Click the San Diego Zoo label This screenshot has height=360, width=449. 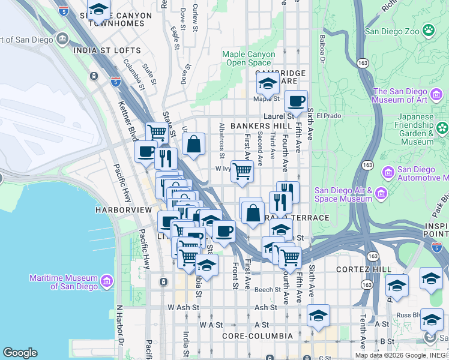[x=392, y=31]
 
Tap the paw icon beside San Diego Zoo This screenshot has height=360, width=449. [x=429, y=29]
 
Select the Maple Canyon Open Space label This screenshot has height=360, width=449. [x=249, y=58]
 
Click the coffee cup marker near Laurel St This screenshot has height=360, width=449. [x=296, y=101]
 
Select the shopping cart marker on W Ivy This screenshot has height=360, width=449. [x=242, y=171]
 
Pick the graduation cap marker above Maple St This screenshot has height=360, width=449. [x=268, y=84]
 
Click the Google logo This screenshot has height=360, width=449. [x=20, y=353]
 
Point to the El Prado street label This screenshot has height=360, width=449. [x=328, y=115]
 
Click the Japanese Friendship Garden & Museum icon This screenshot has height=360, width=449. [x=442, y=128]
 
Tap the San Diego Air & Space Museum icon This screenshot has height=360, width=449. [x=381, y=194]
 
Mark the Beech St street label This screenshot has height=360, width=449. [x=268, y=289]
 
